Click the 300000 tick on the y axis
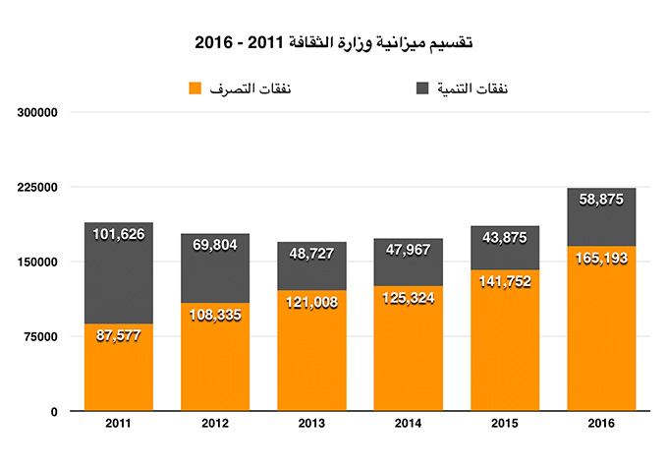tap(39, 112)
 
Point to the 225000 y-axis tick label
tap(39, 187)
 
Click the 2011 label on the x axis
tap(118, 423)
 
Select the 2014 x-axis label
tap(408, 423)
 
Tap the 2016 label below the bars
tap(601, 423)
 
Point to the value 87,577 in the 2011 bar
tap(118, 335)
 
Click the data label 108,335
tap(214, 318)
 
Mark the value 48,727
tap(311, 254)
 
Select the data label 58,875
tap(601, 200)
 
